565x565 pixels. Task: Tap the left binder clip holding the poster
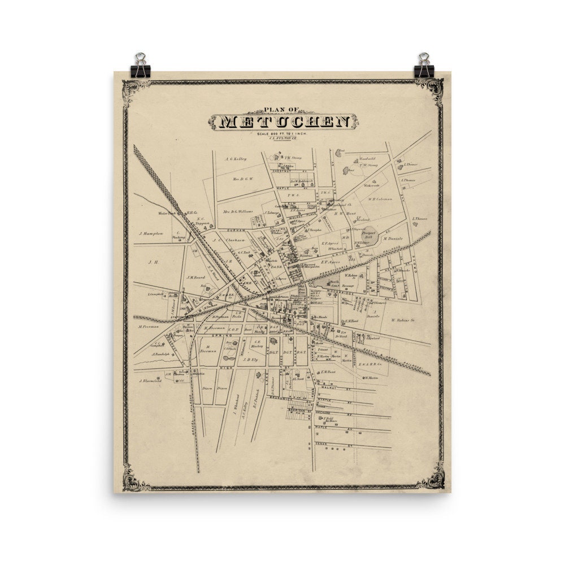[x=139, y=64]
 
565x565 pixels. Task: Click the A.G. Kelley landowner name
[x=236, y=159]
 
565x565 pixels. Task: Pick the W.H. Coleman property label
[x=380, y=198]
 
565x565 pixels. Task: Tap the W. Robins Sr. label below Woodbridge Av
[x=403, y=320]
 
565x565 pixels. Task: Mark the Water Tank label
[x=168, y=214]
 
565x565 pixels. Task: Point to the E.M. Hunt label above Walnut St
[x=328, y=371]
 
